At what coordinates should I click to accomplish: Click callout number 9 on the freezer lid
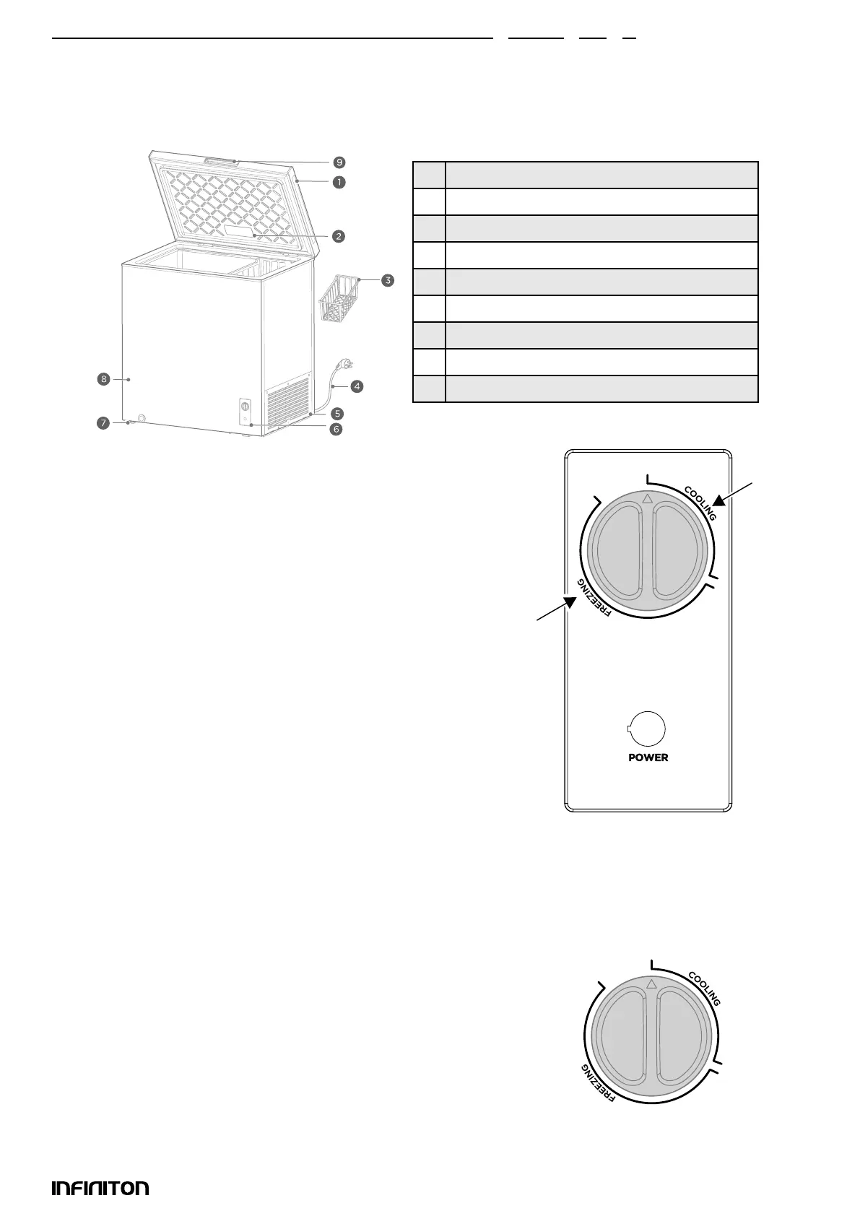[339, 162]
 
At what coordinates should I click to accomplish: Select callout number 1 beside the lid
[339, 182]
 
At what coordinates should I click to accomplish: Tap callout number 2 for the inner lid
[339, 235]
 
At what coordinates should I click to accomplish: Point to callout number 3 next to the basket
[388, 280]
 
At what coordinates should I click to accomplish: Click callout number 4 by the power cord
[357, 386]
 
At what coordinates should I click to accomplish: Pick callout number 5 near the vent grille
[337, 414]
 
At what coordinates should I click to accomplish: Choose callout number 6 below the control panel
[336, 430]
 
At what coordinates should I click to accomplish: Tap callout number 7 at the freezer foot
[103, 424]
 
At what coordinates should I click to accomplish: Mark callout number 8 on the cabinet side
[104, 379]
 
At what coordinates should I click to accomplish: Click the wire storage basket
[339, 296]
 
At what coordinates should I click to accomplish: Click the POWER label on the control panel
[648, 757]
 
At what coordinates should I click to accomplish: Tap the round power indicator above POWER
[647, 730]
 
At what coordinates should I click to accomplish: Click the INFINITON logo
[100, 1188]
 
